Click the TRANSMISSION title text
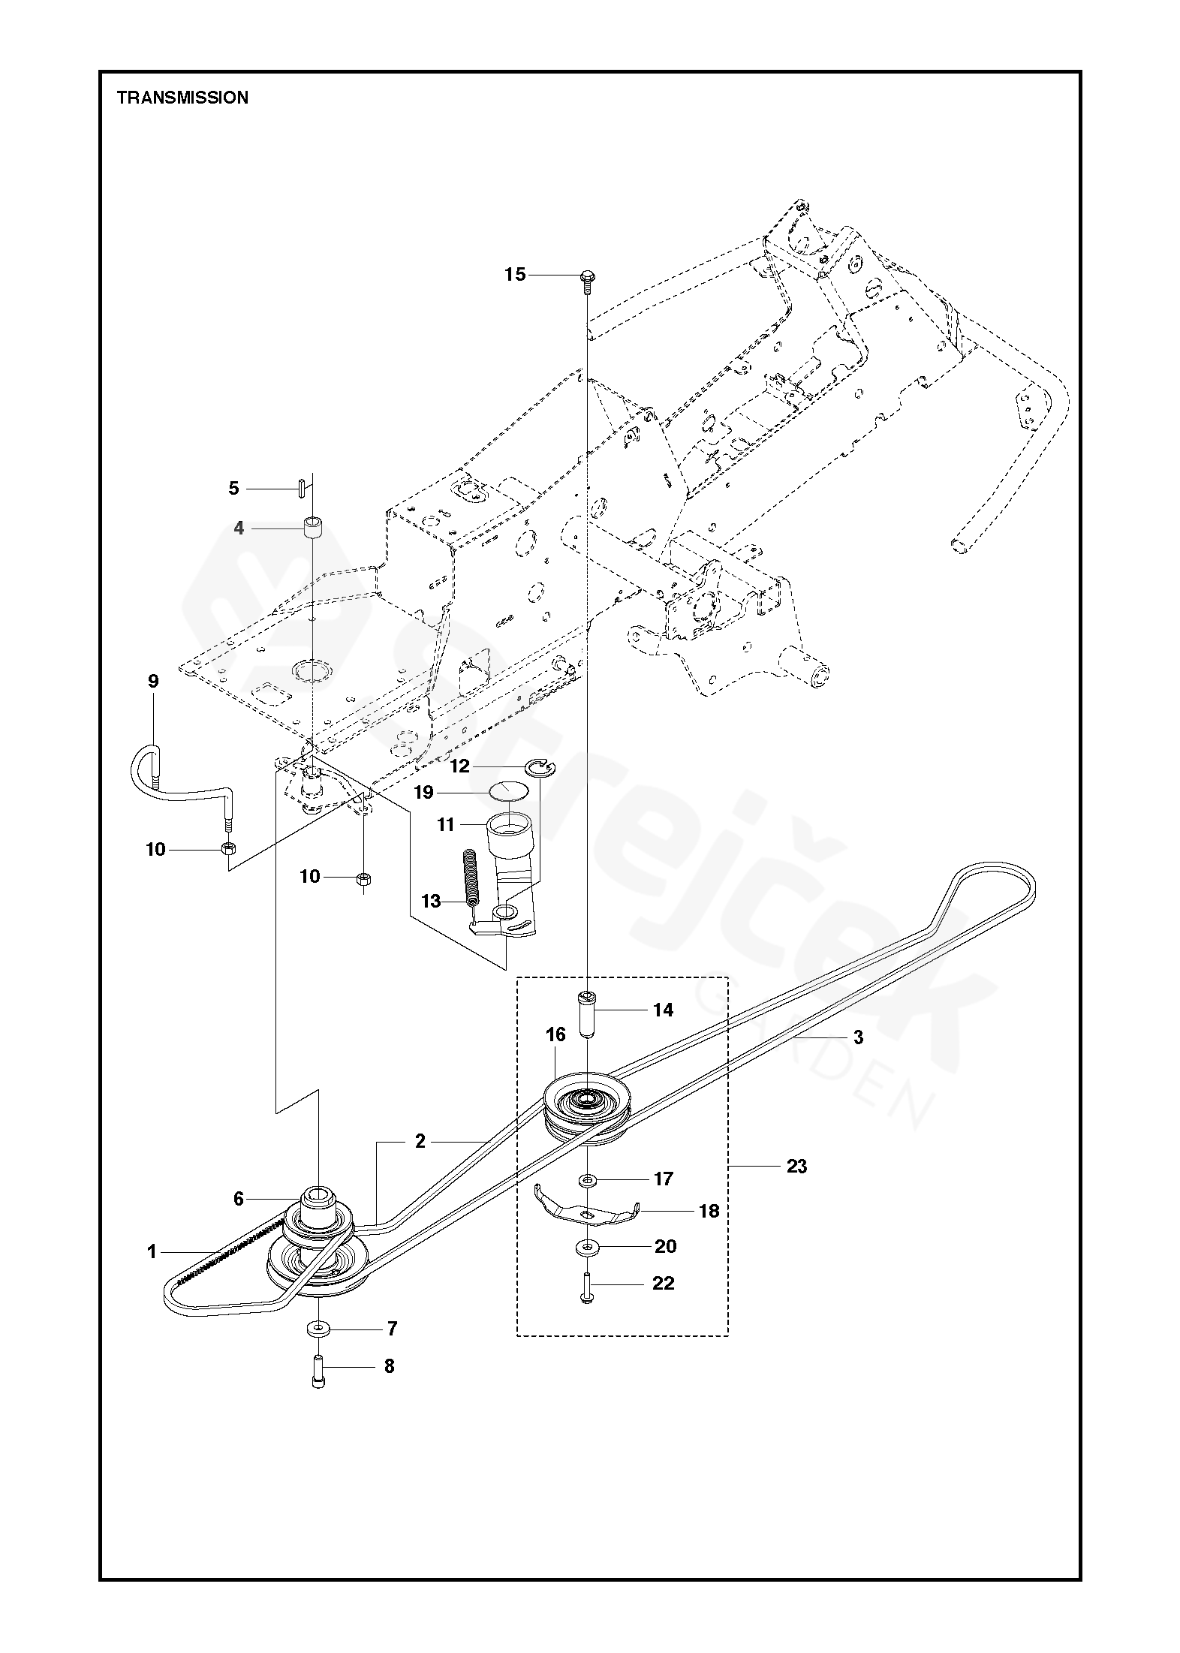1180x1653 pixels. tap(182, 98)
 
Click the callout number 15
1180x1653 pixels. tap(515, 275)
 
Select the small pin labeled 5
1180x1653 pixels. tap(299, 488)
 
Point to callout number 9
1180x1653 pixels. tap(153, 682)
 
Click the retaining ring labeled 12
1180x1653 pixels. tap(540, 766)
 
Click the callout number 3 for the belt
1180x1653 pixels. tap(858, 1037)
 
